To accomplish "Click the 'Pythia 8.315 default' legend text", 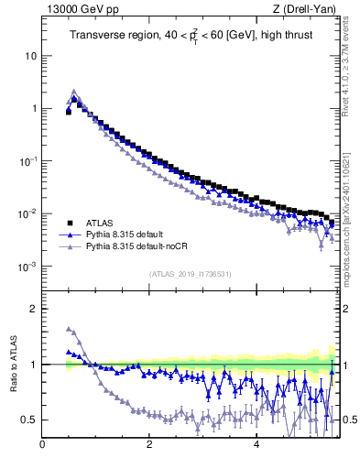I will (x=129, y=234).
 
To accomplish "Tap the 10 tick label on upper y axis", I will (x=30, y=55).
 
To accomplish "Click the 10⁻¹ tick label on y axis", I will (x=27, y=161).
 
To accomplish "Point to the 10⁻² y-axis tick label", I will (x=27, y=214).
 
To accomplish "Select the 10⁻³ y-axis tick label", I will (x=27, y=267).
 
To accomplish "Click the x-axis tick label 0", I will (x=43, y=446).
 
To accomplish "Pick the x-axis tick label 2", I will (x=149, y=446).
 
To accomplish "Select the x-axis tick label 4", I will (x=256, y=446).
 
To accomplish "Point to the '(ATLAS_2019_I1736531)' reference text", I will (x=191, y=274).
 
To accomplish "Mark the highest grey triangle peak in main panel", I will (x=74, y=92).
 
